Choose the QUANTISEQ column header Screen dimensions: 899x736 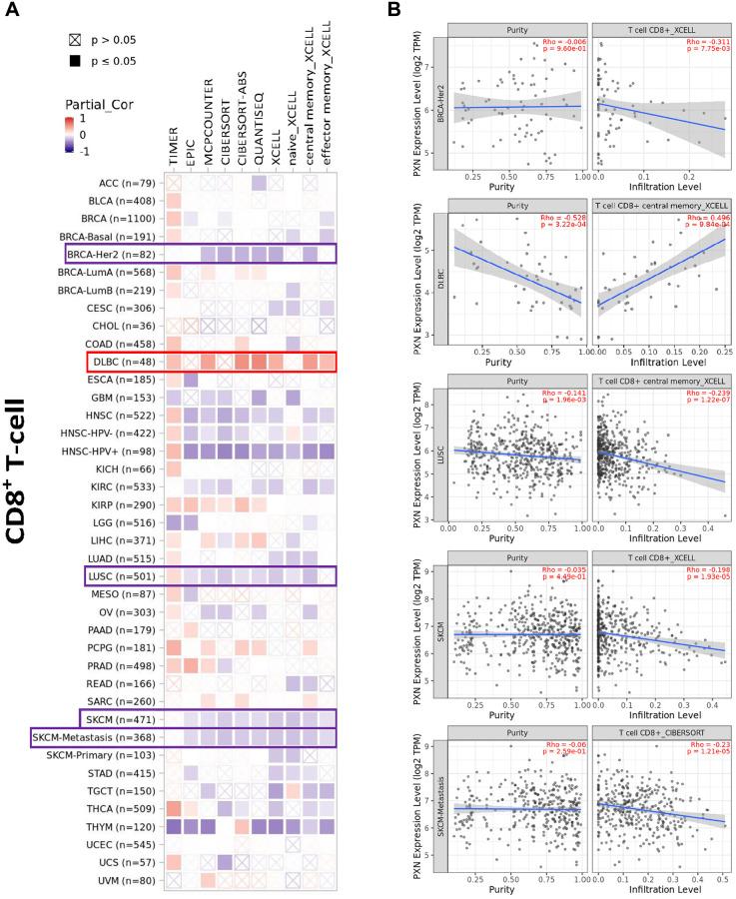[x=264, y=140]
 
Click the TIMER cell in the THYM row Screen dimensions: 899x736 [x=174, y=827]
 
